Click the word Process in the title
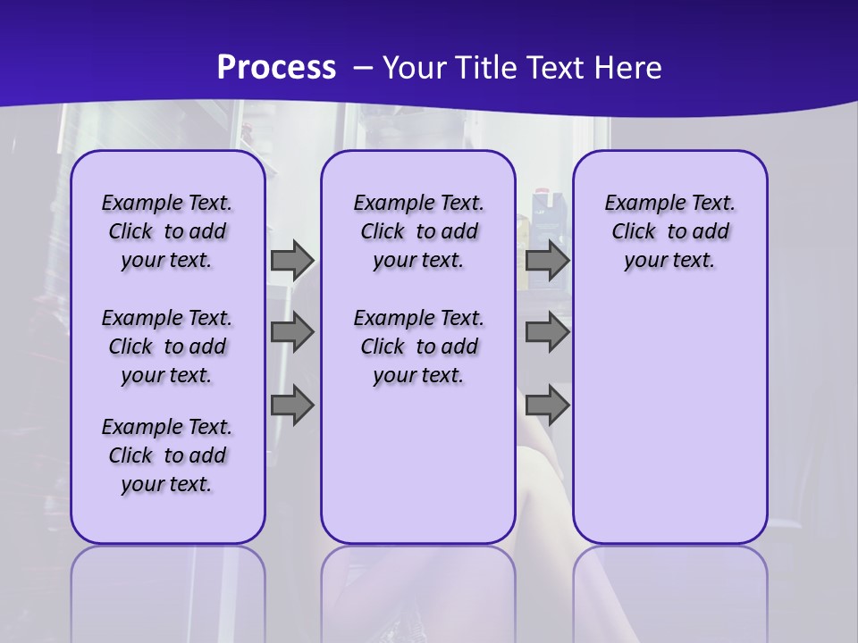(x=276, y=68)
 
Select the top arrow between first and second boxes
(x=292, y=260)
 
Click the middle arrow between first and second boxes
(x=292, y=332)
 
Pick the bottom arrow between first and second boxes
(x=292, y=405)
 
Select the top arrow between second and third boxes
(x=547, y=260)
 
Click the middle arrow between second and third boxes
(x=547, y=332)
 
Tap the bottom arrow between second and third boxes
(x=547, y=405)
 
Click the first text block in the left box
(x=167, y=231)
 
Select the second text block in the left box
(x=167, y=347)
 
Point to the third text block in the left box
(x=167, y=455)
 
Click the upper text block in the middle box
(x=418, y=231)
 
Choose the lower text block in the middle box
(x=418, y=347)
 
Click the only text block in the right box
(x=669, y=231)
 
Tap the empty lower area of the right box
(x=669, y=420)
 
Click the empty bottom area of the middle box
(x=418, y=473)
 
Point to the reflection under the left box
(x=167, y=589)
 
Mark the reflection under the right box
(x=669, y=589)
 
